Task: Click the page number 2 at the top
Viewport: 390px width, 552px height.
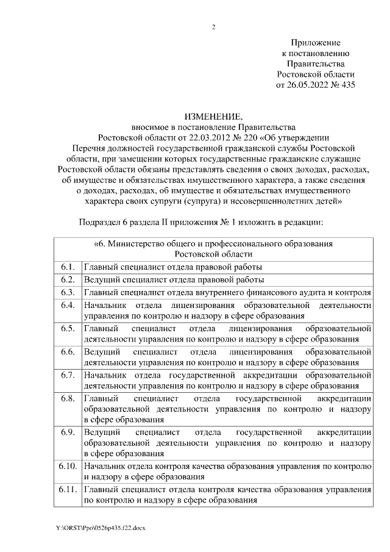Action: [x=213, y=26]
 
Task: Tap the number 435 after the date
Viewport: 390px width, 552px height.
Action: [x=347, y=85]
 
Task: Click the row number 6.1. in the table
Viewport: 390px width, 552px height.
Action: [x=68, y=267]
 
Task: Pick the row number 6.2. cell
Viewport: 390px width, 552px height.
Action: [x=68, y=280]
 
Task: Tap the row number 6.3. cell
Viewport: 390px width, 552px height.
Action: [x=68, y=293]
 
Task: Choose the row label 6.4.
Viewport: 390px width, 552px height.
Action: [x=68, y=305]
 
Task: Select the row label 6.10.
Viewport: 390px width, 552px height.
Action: [x=68, y=467]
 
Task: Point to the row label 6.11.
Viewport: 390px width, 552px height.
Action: [x=68, y=490]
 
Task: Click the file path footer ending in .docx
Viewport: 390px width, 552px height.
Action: [x=101, y=526]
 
